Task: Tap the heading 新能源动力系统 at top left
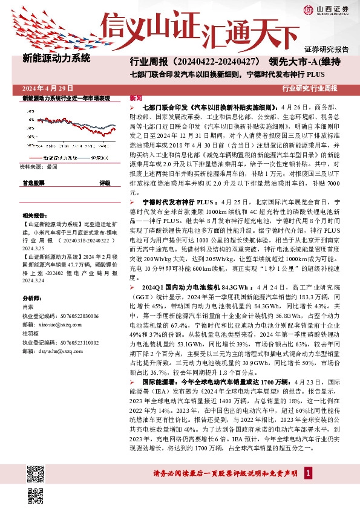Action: pyautogui.click(x=56, y=59)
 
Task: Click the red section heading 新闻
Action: pyautogui.click(x=136, y=98)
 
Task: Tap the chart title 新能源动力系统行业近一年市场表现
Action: pyautogui.click(x=66, y=98)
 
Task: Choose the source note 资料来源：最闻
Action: pyautogui.click(x=38, y=166)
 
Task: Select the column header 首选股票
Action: pyautogui.click(x=33, y=183)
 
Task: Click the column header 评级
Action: pyautogui.click(x=105, y=183)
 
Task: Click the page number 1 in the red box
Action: pyautogui.click(x=309, y=489)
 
